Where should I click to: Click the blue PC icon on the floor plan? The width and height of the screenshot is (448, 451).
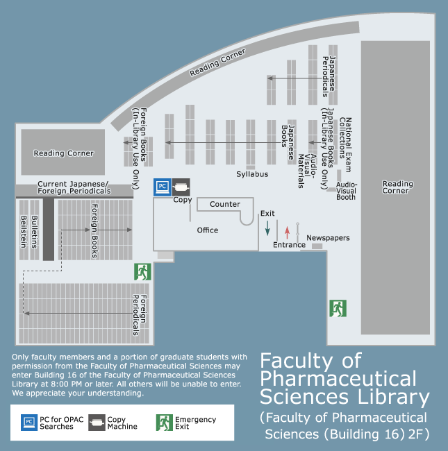pos(163,187)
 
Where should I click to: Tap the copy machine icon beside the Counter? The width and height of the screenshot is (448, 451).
pos(181,187)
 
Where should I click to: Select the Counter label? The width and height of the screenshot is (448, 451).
pos(225,204)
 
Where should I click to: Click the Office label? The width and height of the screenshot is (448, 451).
pos(208,230)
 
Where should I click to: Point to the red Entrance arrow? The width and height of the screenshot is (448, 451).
pos(287,232)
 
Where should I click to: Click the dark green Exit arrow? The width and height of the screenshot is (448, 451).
pos(267,228)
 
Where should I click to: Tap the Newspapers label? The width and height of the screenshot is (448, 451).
pos(328,238)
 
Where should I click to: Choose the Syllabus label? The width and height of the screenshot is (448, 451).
pos(252,174)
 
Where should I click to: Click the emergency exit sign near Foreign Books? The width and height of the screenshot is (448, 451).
pos(142,272)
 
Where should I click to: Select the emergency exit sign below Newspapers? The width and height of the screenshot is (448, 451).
pos(338,308)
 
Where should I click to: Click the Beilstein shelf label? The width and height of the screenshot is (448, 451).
pos(24,232)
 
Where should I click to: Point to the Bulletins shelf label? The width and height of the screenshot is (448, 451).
pos(34,232)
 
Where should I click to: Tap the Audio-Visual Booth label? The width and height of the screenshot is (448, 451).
pos(347,191)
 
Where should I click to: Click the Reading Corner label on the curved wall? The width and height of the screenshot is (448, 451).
pos(217,62)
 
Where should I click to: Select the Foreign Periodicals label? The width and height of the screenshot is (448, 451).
pos(140,315)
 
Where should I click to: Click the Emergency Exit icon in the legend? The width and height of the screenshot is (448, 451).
pos(165,423)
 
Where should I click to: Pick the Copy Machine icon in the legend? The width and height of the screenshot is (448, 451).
pos(97,423)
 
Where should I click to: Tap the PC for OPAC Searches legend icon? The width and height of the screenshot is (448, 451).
pos(29,423)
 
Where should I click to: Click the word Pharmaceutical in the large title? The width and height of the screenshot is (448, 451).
pos(338,379)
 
